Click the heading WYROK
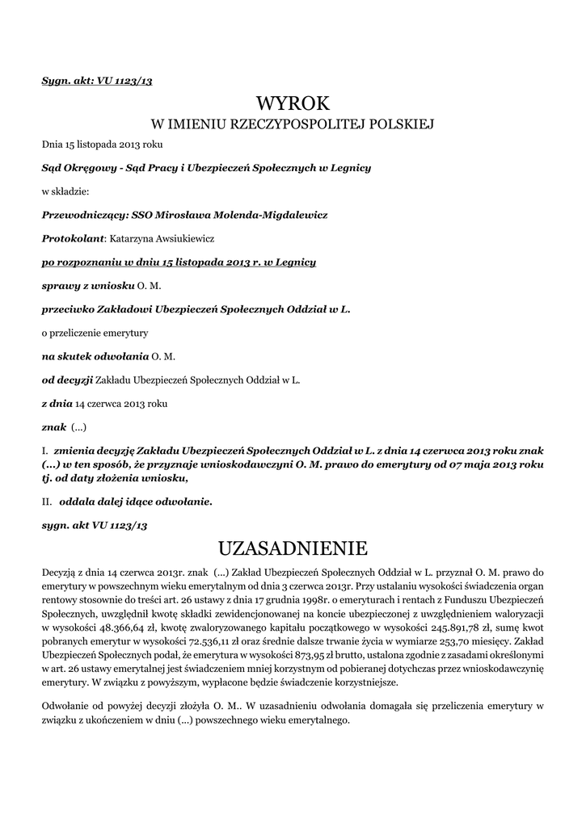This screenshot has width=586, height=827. (x=293, y=103)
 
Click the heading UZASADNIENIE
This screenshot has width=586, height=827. (x=293, y=549)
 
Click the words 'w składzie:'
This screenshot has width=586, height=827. (x=65, y=191)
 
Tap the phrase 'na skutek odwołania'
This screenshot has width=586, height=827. (x=95, y=355)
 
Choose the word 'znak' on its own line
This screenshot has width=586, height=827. (x=53, y=426)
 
